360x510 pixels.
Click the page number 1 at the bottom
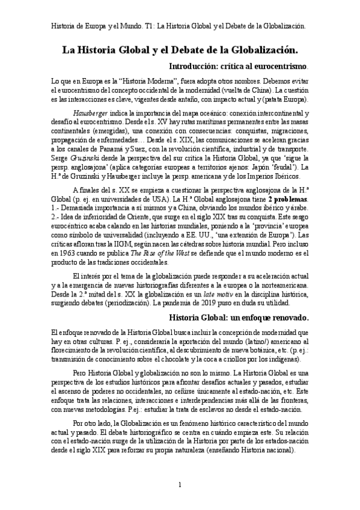(179, 484)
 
